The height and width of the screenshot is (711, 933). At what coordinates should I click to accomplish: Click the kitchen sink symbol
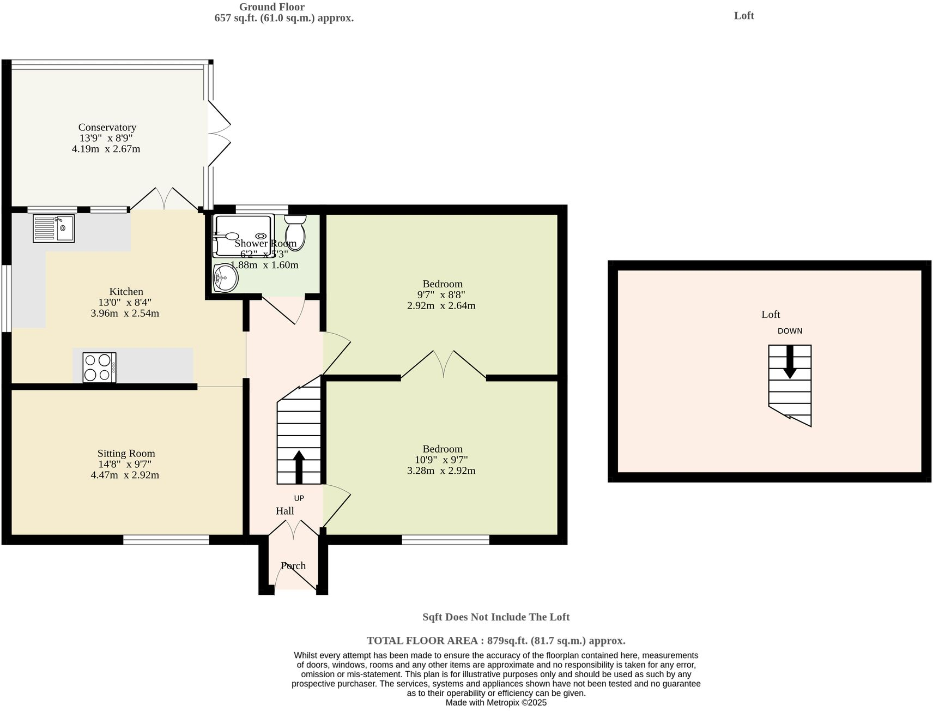pyautogui.click(x=53, y=228)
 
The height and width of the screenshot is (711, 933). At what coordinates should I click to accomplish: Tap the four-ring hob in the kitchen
pyautogui.click(x=99, y=367)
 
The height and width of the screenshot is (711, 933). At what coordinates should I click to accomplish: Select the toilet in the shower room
pyautogui.click(x=295, y=232)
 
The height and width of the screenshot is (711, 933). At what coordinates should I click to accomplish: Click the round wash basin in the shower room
pyautogui.click(x=225, y=278)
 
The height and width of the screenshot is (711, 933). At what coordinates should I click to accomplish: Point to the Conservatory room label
pyautogui.click(x=107, y=127)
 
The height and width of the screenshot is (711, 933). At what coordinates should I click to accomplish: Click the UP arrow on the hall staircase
pyautogui.click(x=299, y=467)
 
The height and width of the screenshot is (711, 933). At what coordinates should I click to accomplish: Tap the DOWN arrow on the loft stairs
pyautogui.click(x=790, y=361)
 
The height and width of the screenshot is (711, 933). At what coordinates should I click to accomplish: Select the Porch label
pyautogui.click(x=293, y=565)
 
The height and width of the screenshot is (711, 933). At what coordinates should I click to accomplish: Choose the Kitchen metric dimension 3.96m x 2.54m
pyautogui.click(x=125, y=313)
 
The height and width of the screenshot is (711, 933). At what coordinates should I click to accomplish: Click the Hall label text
pyautogui.click(x=284, y=511)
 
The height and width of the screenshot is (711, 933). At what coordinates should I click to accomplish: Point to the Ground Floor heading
pyautogui.click(x=271, y=7)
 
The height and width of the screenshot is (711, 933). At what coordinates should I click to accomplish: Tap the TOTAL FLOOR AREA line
pyautogui.click(x=495, y=641)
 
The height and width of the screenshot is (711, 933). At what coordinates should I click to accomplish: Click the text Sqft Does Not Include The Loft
pyautogui.click(x=495, y=617)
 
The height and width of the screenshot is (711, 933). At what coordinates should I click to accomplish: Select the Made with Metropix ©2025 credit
pyautogui.click(x=495, y=702)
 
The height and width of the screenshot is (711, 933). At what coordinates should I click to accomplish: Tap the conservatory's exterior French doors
pyautogui.click(x=219, y=134)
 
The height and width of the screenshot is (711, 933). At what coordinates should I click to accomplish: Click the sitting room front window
pyautogui.click(x=166, y=540)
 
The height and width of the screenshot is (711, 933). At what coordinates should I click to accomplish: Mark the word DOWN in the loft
pyautogui.click(x=790, y=331)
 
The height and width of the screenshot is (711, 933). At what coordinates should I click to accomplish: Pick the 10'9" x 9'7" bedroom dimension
pyautogui.click(x=441, y=460)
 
